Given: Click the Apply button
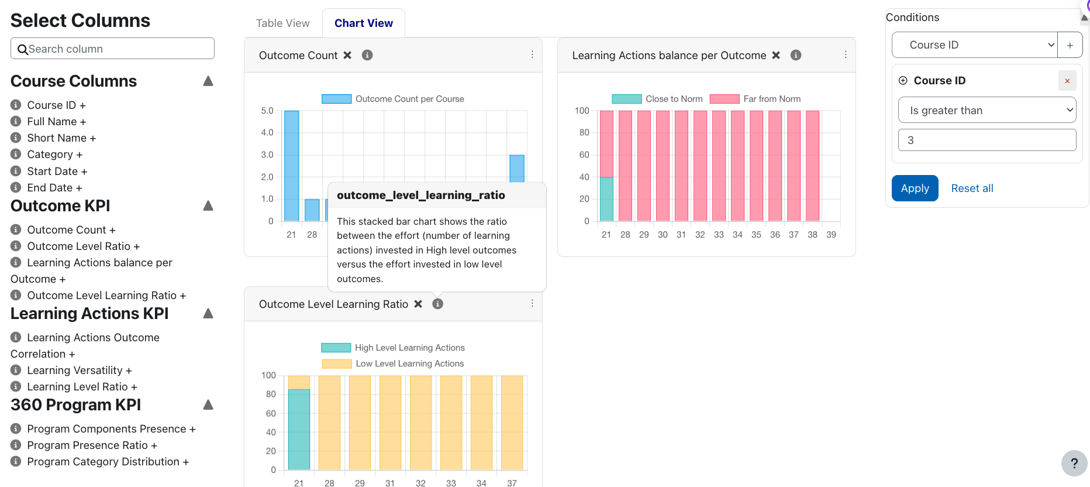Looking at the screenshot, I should click(x=915, y=188).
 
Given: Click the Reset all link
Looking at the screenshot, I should click(x=972, y=188).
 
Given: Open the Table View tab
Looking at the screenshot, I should click(x=282, y=23).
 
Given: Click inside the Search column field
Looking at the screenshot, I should click(x=117, y=49).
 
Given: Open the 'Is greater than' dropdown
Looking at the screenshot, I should click(x=986, y=111).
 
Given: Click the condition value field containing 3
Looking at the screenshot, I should click(x=986, y=140).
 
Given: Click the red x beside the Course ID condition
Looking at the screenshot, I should click(x=1067, y=81).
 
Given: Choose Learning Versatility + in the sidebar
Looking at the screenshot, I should click(x=79, y=371).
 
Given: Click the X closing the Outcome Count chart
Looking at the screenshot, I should click(x=347, y=55).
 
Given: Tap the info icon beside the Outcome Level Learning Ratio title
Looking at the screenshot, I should click(x=437, y=304).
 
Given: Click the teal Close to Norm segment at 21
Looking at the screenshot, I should click(x=606, y=199).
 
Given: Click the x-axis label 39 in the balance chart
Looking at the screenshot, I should click(x=831, y=235).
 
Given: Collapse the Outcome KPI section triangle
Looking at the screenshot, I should click(x=208, y=206).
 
